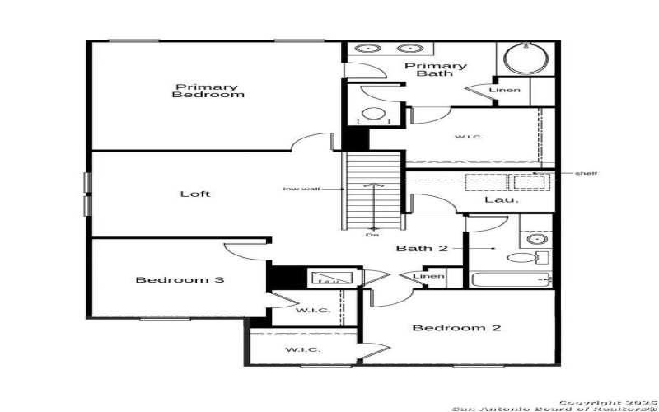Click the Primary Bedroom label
click(x=208, y=91)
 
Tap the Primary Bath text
click(x=434, y=69)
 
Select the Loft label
click(x=195, y=194)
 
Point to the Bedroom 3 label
click(x=180, y=280)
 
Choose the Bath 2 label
click(x=422, y=248)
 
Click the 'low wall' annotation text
click(x=301, y=189)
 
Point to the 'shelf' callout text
click(x=586, y=173)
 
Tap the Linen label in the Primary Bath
click(x=504, y=90)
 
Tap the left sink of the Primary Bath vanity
click(x=366, y=49)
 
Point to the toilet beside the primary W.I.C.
click(x=374, y=115)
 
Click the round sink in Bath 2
click(x=536, y=239)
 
